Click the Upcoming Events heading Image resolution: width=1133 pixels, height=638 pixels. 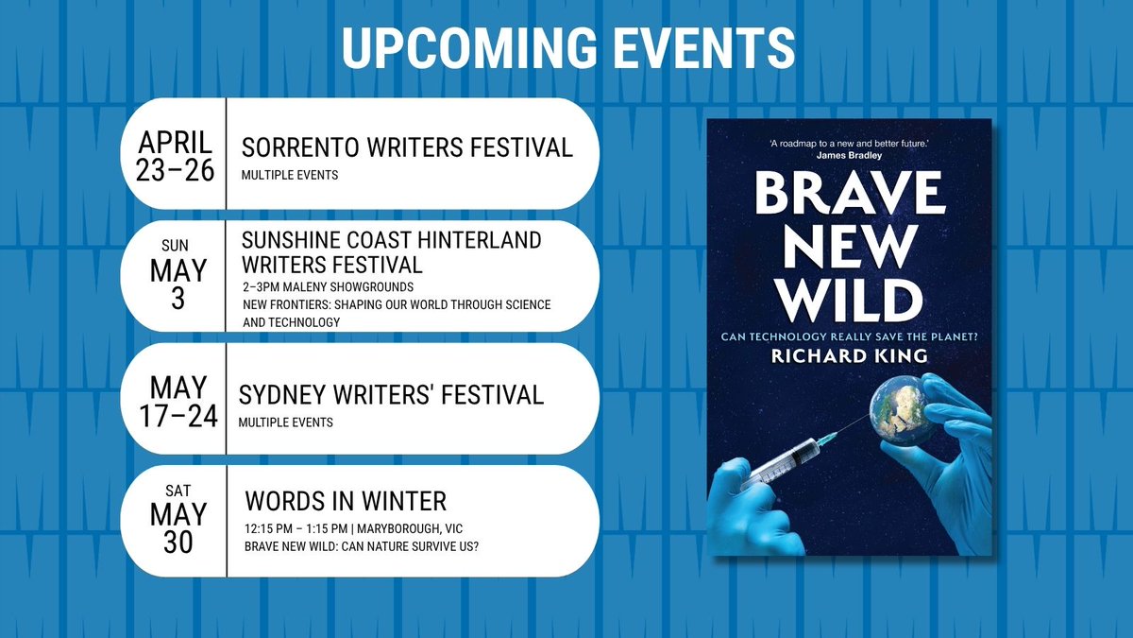(566, 47)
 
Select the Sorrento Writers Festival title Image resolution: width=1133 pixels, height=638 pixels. (407, 147)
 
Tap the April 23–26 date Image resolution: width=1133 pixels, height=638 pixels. (176, 154)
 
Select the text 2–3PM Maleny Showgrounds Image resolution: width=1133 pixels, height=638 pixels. (314, 287)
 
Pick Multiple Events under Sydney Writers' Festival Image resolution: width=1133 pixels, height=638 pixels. (287, 422)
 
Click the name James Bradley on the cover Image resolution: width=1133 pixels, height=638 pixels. (848, 156)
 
